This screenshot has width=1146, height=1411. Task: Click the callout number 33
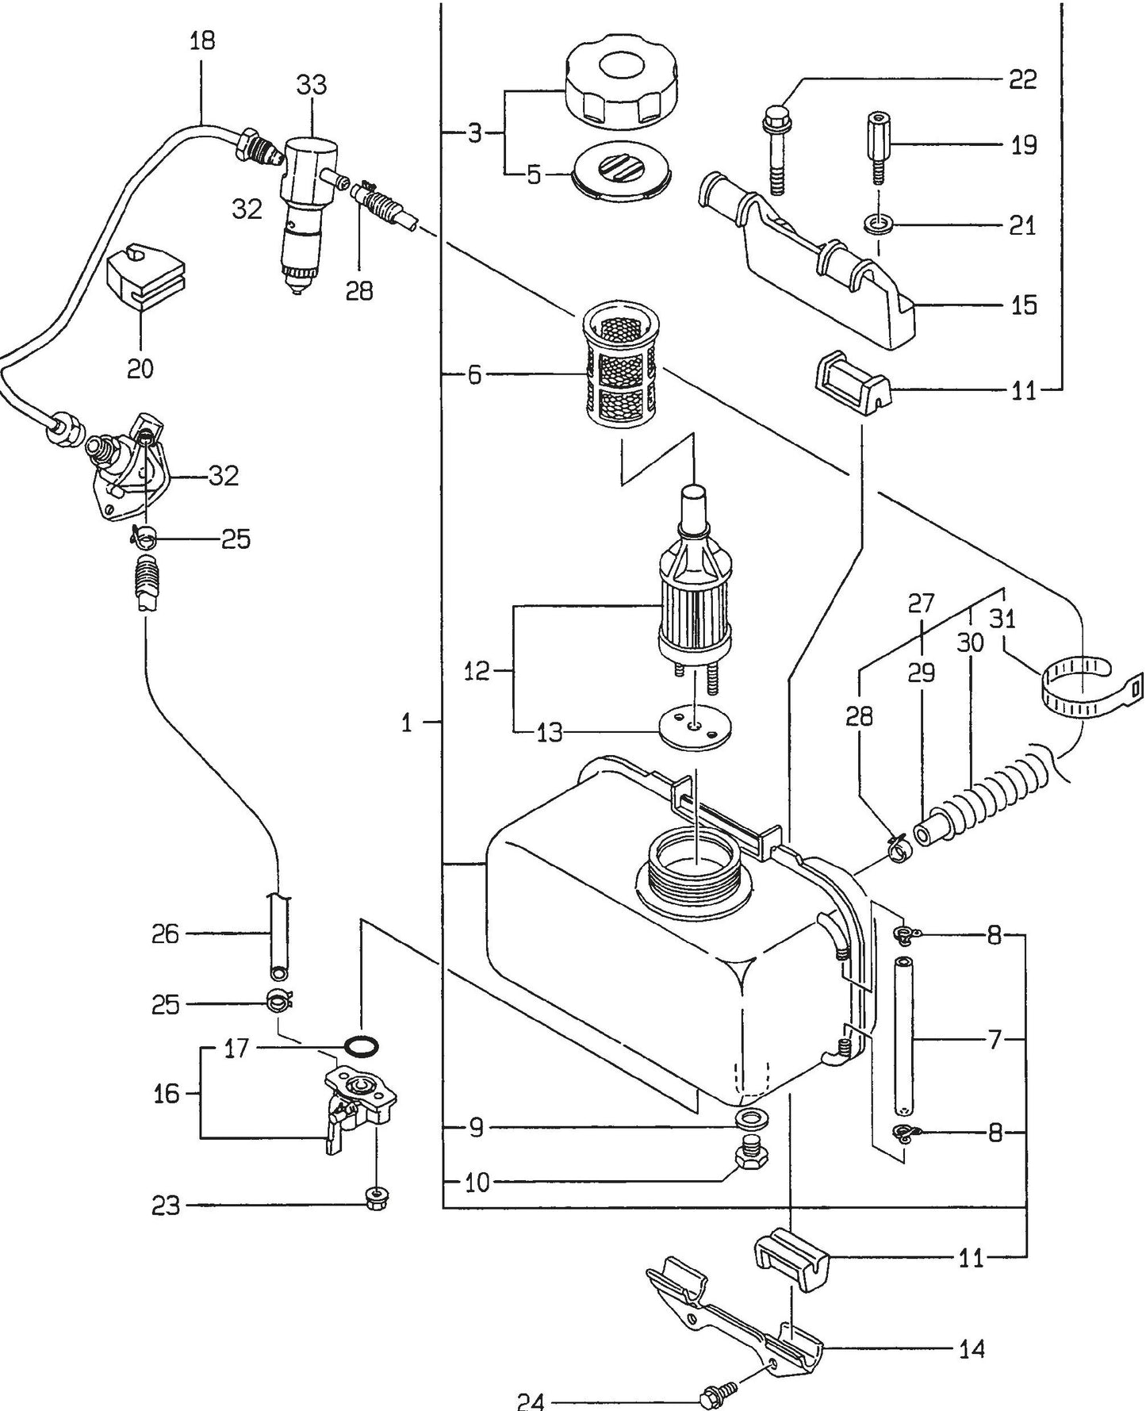coord(312,84)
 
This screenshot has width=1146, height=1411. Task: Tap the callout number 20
coord(140,368)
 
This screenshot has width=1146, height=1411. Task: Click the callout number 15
coord(1024,305)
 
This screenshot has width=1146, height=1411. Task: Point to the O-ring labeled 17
coord(362,1047)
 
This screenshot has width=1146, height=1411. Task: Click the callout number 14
coord(972,1348)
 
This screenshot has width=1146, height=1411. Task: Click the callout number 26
coord(167,934)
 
